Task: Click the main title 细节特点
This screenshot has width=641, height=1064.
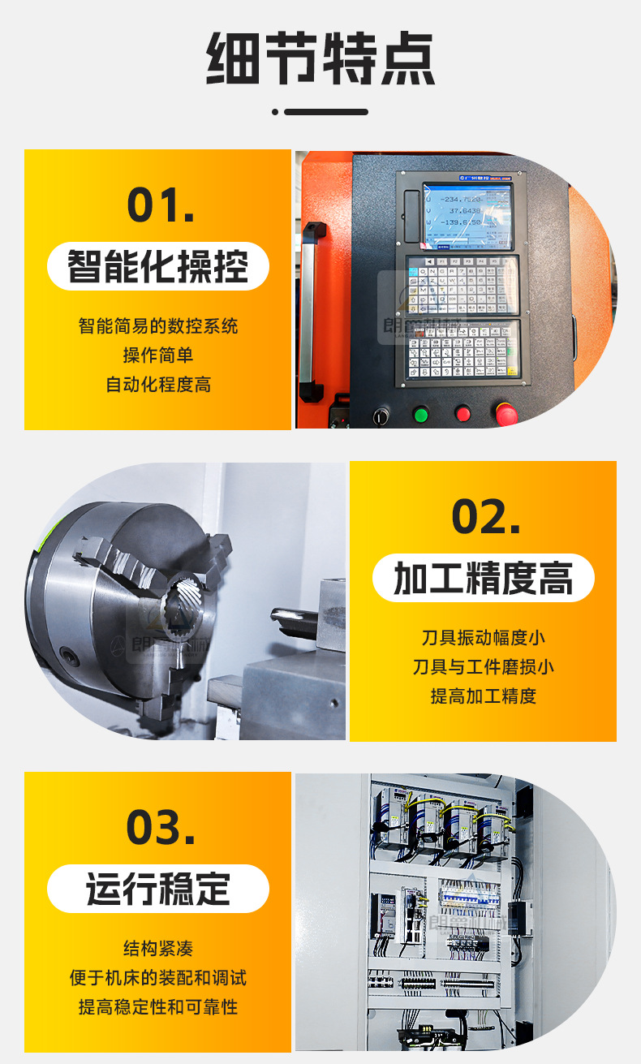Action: (320, 60)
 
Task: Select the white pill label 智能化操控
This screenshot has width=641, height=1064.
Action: (157, 266)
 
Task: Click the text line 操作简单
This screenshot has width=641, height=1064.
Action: (157, 355)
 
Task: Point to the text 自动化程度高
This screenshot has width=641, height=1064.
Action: (157, 385)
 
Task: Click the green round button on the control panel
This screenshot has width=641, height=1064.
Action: (420, 415)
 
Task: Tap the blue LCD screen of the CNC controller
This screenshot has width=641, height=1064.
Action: (467, 215)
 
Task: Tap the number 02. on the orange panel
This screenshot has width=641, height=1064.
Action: (485, 516)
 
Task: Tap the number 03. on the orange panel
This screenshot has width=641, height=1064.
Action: (161, 827)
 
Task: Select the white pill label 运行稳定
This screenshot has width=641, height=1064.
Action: (157, 889)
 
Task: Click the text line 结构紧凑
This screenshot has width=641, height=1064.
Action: (157, 948)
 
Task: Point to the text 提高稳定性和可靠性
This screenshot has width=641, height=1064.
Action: (157, 1007)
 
